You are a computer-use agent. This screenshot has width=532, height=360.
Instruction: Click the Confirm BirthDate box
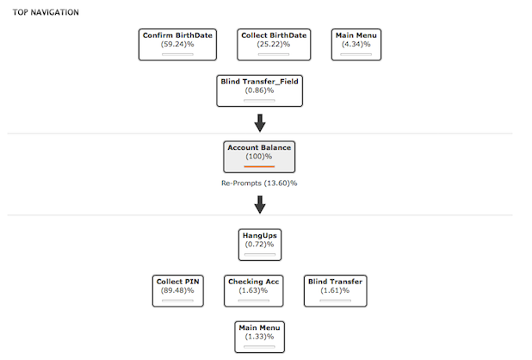click(177, 45)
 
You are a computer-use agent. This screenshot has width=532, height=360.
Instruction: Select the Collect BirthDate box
click(274, 45)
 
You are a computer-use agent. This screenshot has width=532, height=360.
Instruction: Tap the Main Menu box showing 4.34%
click(356, 45)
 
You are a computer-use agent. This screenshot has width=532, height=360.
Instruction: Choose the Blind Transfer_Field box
click(260, 91)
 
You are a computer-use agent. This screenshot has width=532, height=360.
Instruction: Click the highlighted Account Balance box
click(259, 157)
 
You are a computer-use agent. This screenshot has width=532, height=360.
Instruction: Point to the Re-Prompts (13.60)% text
click(259, 183)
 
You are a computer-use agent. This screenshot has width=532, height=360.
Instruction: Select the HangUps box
click(260, 245)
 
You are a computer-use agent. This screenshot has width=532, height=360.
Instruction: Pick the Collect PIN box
click(178, 291)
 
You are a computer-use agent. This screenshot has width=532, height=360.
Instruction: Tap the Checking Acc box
click(253, 291)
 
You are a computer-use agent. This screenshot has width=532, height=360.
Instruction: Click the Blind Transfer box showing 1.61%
click(335, 291)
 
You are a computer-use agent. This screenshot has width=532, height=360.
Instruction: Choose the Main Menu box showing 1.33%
click(260, 337)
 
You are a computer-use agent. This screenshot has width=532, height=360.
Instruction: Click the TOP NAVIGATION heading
click(46, 13)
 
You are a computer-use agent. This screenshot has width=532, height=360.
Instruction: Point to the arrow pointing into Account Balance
click(260, 123)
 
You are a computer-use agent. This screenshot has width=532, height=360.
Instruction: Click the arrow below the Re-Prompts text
click(260, 205)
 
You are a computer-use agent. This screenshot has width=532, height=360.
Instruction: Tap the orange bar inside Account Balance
click(259, 166)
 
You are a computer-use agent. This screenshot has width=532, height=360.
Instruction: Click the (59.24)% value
click(177, 45)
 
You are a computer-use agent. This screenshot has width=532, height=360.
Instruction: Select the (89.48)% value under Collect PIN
click(177, 291)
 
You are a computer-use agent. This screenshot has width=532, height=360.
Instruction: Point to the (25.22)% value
click(274, 45)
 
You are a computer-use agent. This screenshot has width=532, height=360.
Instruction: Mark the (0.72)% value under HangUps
click(260, 245)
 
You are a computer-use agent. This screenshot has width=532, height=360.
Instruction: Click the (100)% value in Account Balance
click(259, 157)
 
